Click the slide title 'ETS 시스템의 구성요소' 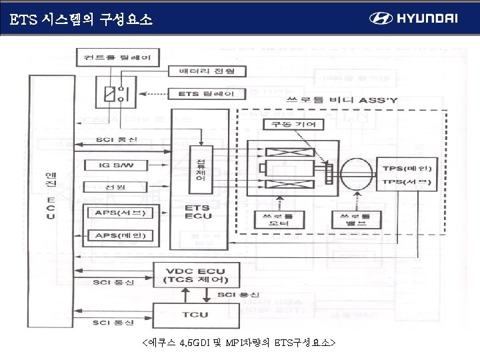[82, 20]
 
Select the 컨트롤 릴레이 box [117, 58]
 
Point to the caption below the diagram [239, 343]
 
